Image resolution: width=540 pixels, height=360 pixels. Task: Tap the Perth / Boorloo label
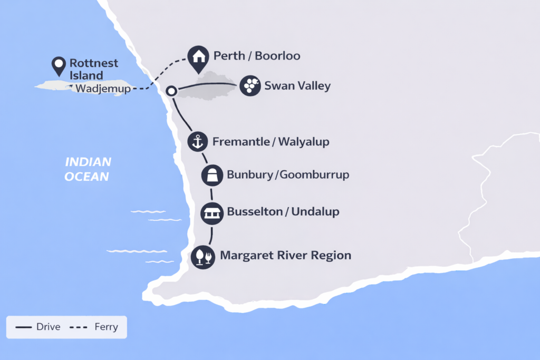(257, 56)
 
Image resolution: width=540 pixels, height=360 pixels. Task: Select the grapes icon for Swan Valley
(250, 85)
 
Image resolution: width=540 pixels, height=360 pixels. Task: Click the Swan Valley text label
(297, 86)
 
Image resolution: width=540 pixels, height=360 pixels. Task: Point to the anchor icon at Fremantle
(198, 141)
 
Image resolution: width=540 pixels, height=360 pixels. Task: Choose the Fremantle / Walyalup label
(271, 142)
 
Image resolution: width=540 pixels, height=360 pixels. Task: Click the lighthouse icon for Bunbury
(212, 175)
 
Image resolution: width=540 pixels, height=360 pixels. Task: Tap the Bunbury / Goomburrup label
(288, 174)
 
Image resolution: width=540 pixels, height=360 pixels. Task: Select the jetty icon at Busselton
(212, 213)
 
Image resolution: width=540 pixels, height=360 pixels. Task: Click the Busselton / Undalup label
(283, 212)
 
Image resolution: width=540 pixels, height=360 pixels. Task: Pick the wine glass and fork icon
(203, 257)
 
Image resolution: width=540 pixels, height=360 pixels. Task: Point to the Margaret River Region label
(285, 256)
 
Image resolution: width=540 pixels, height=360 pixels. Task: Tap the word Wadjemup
(103, 89)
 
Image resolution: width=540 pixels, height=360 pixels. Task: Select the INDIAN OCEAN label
(88, 169)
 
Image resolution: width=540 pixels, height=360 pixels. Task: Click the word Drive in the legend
(49, 327)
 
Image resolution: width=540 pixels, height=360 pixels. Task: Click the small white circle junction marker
(171, 91)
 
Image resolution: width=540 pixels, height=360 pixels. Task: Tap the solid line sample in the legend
(24, 327)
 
